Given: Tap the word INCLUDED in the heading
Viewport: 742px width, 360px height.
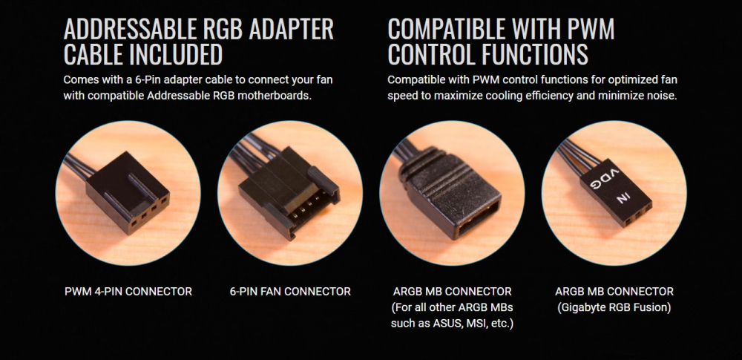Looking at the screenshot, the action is point(176,54).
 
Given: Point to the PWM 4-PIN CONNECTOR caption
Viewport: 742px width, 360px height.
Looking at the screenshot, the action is point(128,291).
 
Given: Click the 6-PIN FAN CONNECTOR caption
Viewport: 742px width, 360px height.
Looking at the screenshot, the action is point(290,291).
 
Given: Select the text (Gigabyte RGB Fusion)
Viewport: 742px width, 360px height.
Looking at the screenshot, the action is point(614,307).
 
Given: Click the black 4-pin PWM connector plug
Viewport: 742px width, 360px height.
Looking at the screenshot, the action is point(128,191).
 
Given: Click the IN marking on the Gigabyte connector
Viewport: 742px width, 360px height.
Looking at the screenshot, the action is point(624,197).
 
